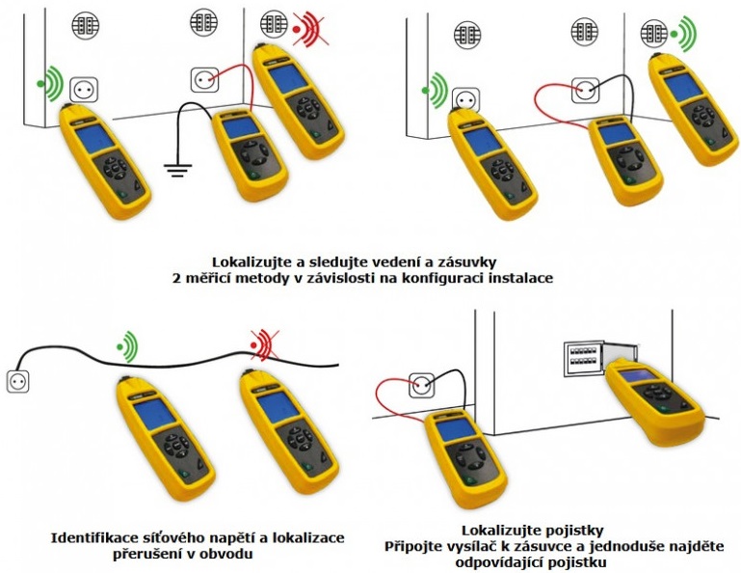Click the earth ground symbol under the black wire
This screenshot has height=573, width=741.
177,170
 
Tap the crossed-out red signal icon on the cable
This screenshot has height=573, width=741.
265,344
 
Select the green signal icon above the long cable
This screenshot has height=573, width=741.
127,346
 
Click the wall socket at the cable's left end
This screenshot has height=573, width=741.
18,382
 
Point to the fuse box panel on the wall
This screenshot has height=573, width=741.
584,359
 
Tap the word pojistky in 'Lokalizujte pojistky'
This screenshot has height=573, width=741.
577,530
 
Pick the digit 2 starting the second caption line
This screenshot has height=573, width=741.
176,278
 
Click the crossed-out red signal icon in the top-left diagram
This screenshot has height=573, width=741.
307,30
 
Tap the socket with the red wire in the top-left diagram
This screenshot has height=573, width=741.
204,80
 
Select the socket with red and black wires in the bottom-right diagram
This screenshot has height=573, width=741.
421,385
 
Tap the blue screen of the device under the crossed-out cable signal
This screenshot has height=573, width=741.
278,407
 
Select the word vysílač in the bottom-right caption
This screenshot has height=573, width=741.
437,547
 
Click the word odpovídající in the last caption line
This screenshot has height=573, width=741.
499,562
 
